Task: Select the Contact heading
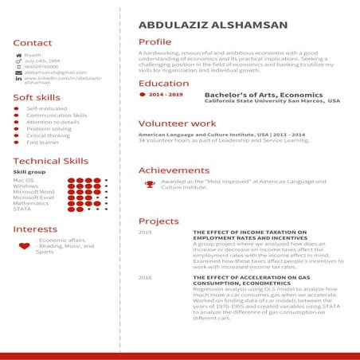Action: coord(33,43)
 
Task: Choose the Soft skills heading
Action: coord(37,97)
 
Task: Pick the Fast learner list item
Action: coord(42,143)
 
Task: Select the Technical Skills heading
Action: coord(50,161)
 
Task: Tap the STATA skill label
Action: coord(22,209)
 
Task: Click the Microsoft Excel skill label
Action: coord(34,198)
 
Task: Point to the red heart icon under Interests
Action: coord(24,246)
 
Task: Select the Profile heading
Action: coord(155,41)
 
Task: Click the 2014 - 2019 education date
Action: coord(166,95)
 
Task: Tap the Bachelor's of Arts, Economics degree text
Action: coord(252,94)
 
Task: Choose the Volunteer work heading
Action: coord(177,124)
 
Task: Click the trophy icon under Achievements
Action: coord(149,184)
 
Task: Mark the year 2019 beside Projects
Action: coord(145,233)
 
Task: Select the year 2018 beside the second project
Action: coord(145,277)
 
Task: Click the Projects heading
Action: coord(158,221)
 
